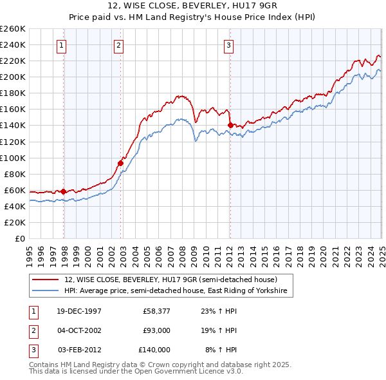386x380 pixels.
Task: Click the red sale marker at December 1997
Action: (64, 191)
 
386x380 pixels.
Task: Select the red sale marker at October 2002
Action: (120, 163)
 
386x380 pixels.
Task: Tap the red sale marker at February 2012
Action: (230, 125)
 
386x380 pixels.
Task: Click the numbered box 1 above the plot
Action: (61, 45)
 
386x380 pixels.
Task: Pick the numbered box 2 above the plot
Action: (119, 45)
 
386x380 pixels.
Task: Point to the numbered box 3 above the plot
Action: (229, 45)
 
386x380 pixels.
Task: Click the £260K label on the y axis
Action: (13, 29)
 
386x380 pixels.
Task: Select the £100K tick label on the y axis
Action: (13, 158)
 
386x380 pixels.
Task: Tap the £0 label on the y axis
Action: (20, 238)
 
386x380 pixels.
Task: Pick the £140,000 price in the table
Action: (154, 350)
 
